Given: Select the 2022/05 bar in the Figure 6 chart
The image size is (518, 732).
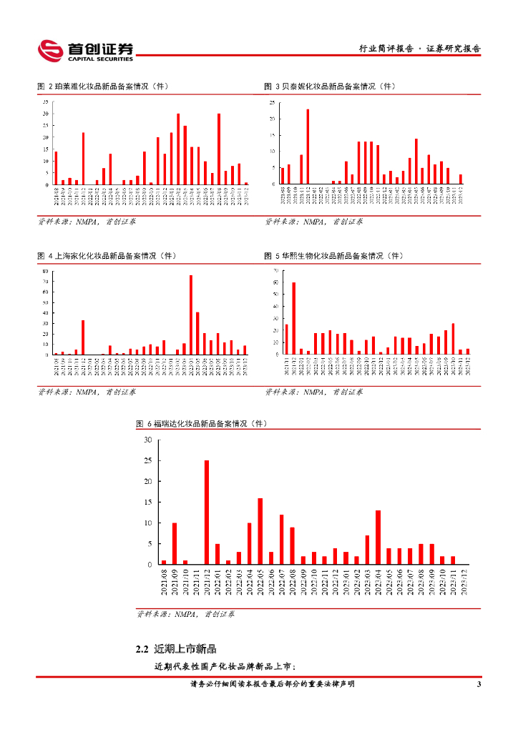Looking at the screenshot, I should [260, 531].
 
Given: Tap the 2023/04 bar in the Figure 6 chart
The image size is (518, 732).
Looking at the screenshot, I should [378, 537].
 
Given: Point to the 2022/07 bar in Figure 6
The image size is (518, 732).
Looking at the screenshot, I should [282, 539].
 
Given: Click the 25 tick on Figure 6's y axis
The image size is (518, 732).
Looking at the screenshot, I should [147, 461].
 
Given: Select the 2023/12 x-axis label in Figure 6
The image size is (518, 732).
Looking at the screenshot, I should [464, 583].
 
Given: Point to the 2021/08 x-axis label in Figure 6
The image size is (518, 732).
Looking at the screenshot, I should [164, 583].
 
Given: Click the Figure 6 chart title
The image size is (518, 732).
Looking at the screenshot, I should [201, 424].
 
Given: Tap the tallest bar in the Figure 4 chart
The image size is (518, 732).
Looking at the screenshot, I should [191, 315].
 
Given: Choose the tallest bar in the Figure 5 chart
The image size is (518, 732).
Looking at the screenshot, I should [293, 318].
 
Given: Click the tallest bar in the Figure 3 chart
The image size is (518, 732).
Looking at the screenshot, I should [308, 147].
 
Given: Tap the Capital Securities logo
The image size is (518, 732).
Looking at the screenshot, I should [86, 50].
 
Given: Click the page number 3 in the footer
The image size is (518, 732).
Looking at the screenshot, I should [479, 685].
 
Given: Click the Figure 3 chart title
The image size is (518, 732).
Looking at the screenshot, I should [329, 86].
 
